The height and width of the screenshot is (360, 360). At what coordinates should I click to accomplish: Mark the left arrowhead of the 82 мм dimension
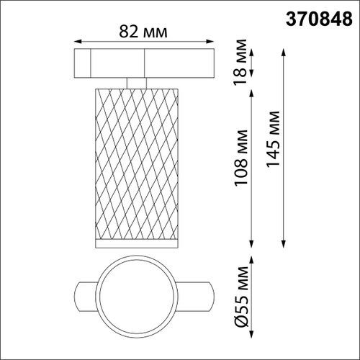[77, 42]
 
